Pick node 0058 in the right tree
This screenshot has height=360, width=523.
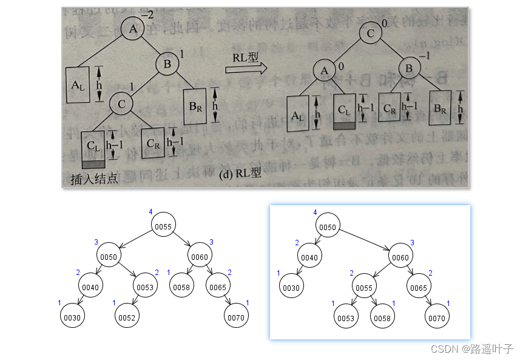(382, 317)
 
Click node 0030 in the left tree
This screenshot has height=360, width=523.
(72, 316)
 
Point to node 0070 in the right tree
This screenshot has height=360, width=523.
(436, 317)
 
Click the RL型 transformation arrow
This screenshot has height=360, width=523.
(246, 68)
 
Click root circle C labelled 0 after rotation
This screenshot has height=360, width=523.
(369, 33)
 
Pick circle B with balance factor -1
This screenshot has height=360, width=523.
(409, 69)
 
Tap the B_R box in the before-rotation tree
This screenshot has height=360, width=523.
(195, 107)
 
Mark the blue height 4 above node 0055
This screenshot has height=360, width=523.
(150, 211)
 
